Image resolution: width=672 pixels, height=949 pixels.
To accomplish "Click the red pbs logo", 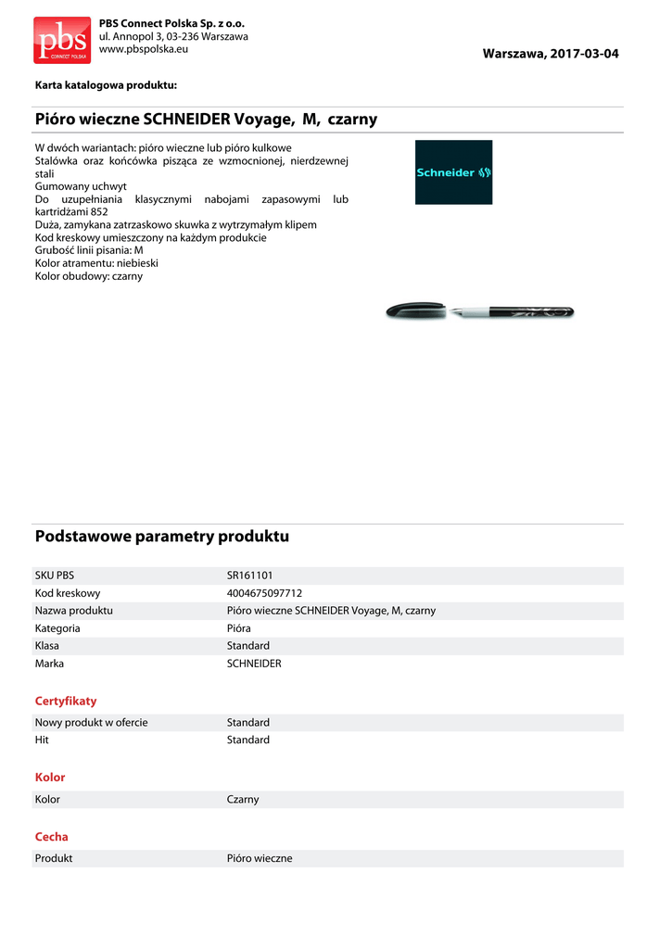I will [x=62, y=40].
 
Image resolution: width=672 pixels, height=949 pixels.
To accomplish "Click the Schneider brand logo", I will [x=453, y=172].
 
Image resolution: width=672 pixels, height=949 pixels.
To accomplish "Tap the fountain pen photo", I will [x=479, y=312].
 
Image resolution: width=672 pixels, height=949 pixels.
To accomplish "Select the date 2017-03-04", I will [x=584, y=54].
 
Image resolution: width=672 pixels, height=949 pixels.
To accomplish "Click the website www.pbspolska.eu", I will [x=143, y=48].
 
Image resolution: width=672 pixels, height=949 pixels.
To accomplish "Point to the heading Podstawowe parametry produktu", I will [x=162, y=537].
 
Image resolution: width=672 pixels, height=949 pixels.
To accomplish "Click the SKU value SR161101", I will [x=249, y=576].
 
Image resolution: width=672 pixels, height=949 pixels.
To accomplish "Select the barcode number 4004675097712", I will [x=264, y=593].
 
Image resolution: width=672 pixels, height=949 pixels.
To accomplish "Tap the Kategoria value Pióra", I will [x=245, y=628].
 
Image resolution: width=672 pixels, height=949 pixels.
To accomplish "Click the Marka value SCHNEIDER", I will [x=254, y=664].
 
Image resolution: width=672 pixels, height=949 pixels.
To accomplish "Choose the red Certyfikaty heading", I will [x=66, y=701].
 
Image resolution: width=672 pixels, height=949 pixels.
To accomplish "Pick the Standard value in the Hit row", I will [x=248, y=740].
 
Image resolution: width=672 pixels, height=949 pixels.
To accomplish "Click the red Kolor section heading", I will [x=50, y=778].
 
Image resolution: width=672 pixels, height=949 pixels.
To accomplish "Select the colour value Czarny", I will [x=243, y=799].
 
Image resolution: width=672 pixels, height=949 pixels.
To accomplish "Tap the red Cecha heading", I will [x=52, y=837].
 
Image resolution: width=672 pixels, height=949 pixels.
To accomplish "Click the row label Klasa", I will [x=48, y=646].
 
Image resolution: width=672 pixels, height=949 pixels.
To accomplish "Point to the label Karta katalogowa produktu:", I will [x=106, y=85].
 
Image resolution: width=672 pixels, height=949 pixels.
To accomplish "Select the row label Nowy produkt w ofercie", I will [x=92, y=722].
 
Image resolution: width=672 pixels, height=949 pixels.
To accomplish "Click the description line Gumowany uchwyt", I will [x=81, y=186].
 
